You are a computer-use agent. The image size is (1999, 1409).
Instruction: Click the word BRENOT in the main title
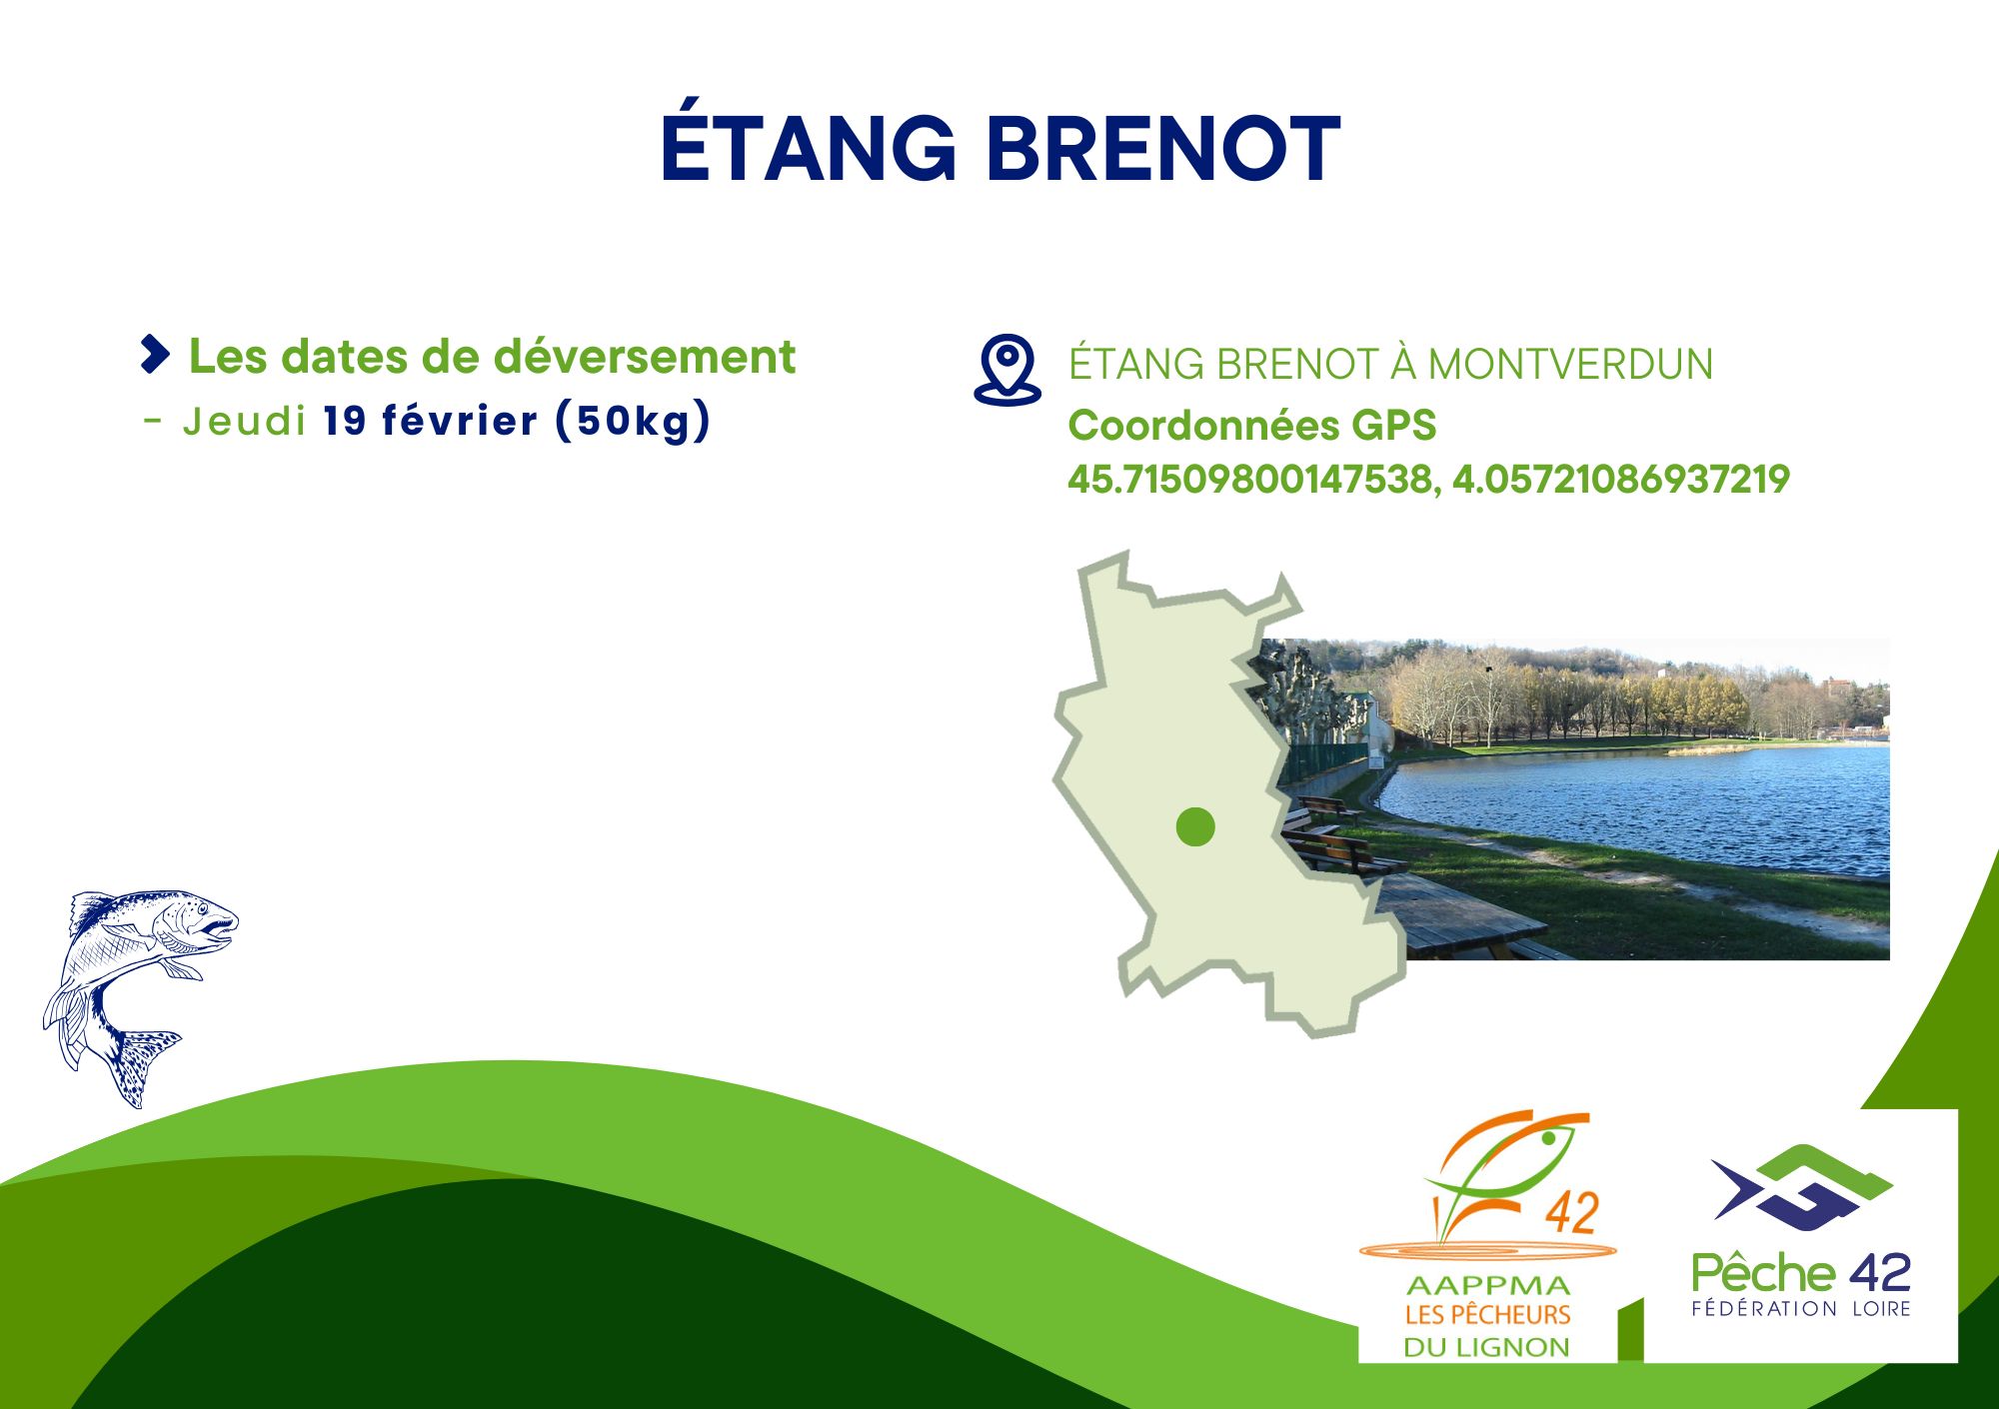[x=1164, y=149]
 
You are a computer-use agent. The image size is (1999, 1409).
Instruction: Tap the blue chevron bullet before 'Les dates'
[x=155, y=355]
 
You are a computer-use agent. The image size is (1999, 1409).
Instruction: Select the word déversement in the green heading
[x=645, y=357]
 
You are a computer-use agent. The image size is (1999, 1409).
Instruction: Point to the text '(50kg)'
[x=634, y=421]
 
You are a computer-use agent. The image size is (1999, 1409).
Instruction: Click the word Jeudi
[x=244, y=422]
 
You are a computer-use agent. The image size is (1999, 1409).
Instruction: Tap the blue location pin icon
[x=1007, y=370]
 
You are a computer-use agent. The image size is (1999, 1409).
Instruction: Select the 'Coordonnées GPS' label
[x=1251, y=426]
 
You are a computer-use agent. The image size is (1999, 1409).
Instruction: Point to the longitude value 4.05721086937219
[x=1620, y=480]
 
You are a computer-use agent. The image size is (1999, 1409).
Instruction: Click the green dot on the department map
[x=1195, y=826]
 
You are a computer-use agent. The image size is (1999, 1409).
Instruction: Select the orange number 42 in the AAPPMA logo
[x=1572, y=1213]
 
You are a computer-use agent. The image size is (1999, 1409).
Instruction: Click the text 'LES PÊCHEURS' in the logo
[x=1487, y=1315]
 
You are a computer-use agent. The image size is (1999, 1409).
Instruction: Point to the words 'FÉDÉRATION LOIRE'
[x=1801, y=1308]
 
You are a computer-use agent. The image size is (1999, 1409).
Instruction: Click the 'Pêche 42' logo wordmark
[x=1801, y=1273]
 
